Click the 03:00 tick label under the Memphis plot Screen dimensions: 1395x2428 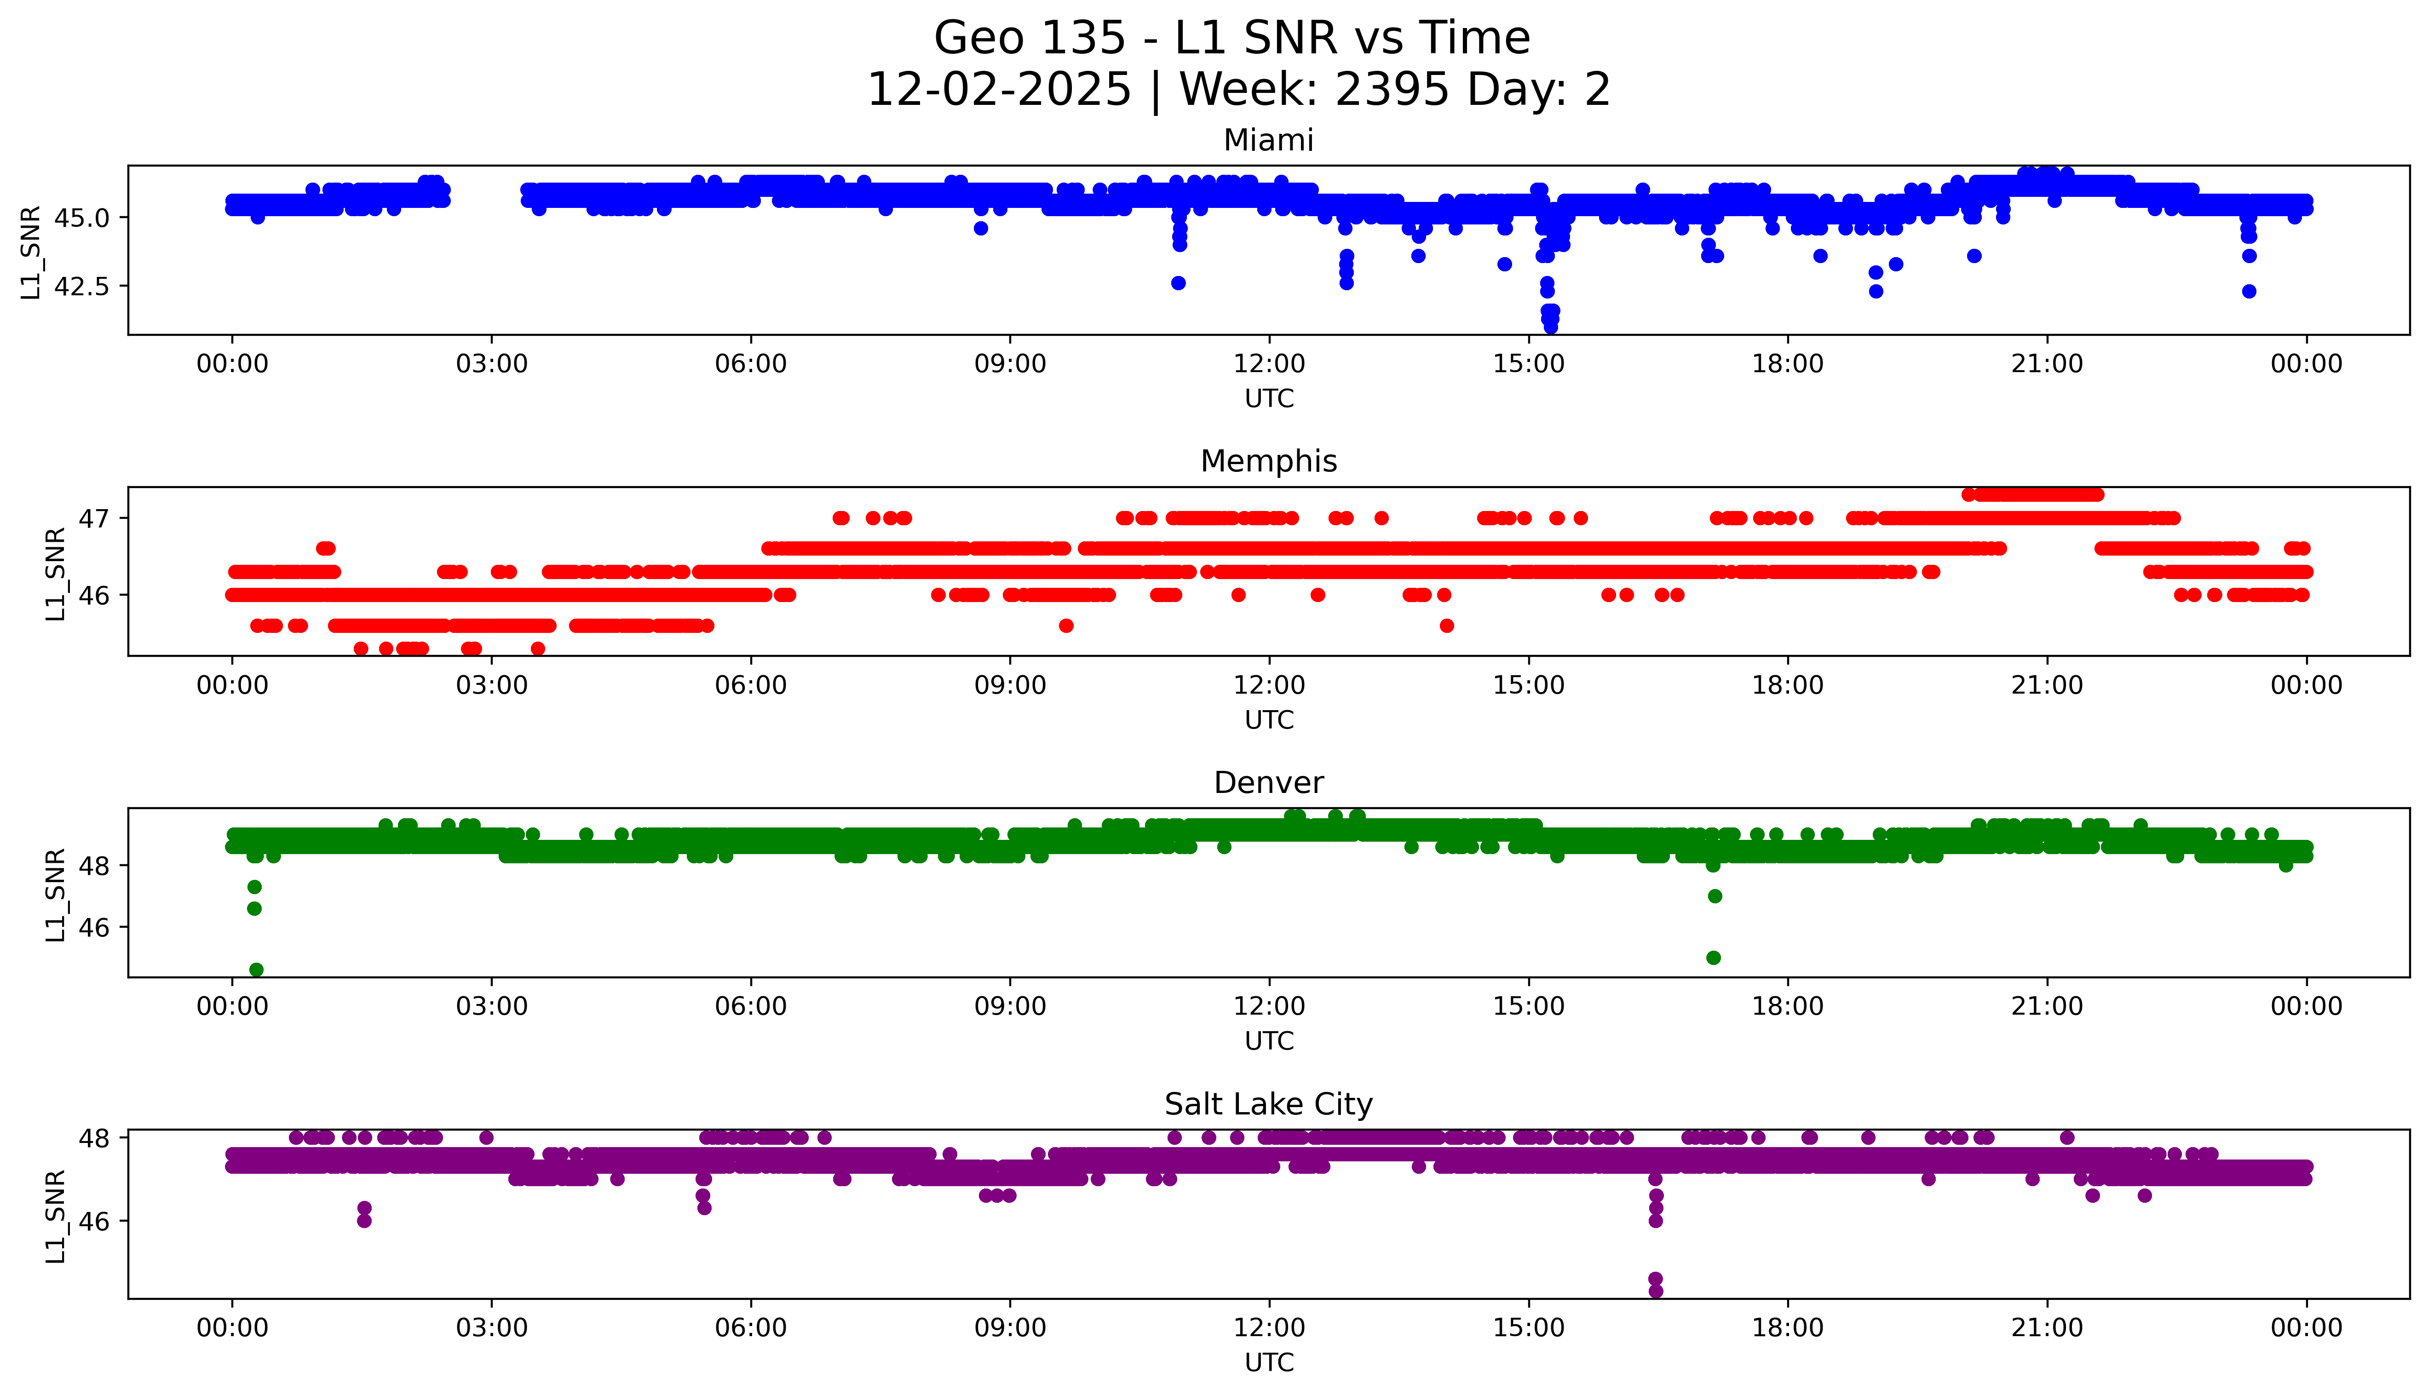(x=492, y=685)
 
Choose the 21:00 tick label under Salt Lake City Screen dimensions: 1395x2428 (x=2047, y=1328)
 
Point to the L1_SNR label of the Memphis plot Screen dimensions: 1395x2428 (x=56, y=573)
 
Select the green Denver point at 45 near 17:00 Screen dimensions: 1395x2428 (x=1713, y=957)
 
